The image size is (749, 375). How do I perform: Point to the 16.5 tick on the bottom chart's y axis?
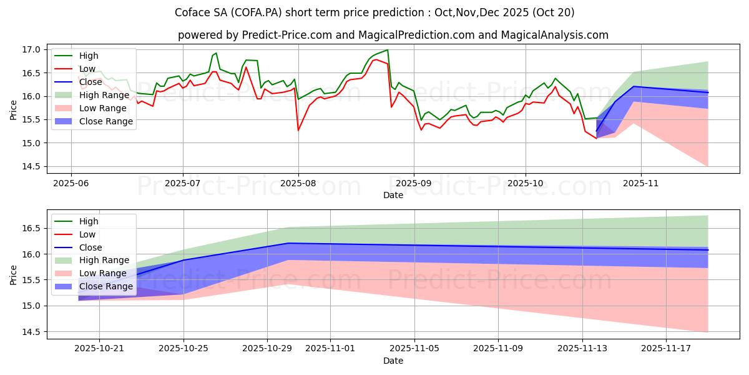(32, 228)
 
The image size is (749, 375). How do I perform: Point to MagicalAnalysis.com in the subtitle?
(558, 35)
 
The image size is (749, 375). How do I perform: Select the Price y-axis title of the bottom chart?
(14, 274)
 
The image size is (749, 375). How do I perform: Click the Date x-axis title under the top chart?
(393, 196)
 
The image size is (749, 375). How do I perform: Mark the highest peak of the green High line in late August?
(387, 50)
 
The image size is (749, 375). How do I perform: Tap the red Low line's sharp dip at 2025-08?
(298, 130)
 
